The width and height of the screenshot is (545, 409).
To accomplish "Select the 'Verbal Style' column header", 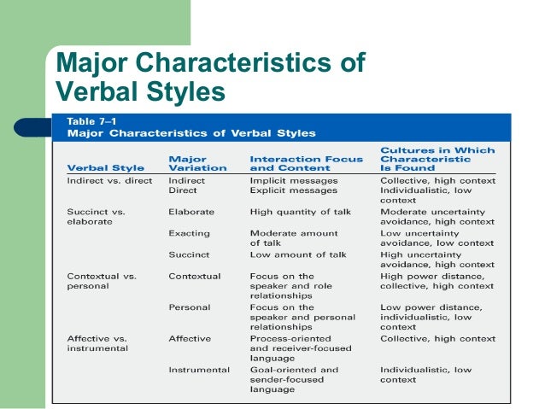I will (105, 168).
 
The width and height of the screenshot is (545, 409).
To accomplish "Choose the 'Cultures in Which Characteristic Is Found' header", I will (437, 159).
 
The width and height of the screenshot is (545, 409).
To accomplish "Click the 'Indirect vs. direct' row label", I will (109, 181).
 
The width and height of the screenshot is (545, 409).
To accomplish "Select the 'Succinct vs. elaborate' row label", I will (97, 216).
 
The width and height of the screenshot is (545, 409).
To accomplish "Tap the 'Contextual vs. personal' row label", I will (101, 282).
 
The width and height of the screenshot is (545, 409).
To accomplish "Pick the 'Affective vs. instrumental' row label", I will (98, 344).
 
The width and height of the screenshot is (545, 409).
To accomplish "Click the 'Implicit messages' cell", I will (294, 181).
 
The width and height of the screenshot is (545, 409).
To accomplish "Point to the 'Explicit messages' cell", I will (294, 190).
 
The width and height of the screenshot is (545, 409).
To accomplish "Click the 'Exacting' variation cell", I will (190, 232).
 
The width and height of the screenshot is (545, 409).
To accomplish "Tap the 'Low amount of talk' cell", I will (298, 254).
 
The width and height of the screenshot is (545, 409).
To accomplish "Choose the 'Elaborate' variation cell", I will (191, 211).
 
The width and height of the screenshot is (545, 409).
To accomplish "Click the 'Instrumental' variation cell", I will (199, 370).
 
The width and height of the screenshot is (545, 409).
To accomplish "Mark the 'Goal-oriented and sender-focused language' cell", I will (294, 379).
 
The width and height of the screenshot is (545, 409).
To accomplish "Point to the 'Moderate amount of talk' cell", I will (294, 237).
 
